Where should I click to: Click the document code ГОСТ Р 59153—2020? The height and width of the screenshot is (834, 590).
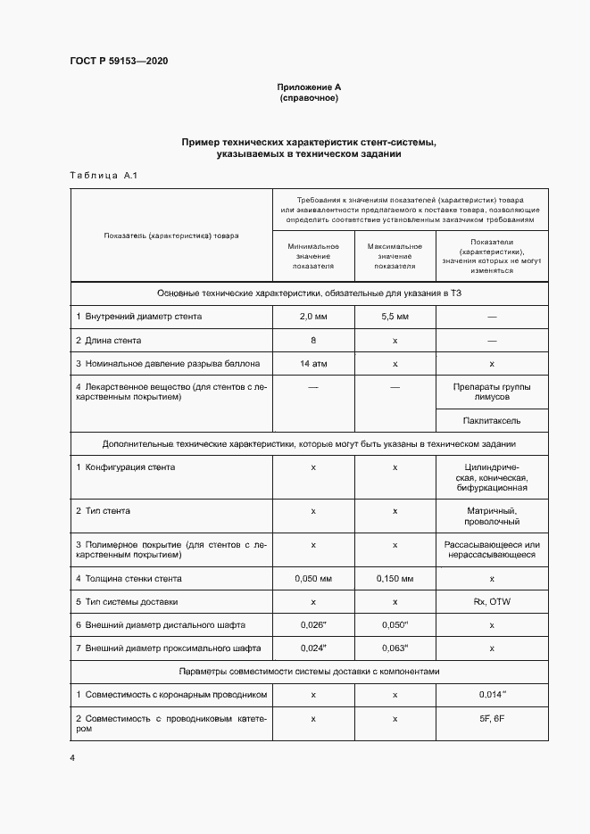click(119, 62)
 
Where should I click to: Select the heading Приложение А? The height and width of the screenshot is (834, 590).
click(309, 87)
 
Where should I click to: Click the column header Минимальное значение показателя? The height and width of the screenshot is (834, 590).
click(313, 256)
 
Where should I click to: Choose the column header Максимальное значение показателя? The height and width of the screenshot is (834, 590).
click(395, 256)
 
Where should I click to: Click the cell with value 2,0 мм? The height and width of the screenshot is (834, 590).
click(313, 317)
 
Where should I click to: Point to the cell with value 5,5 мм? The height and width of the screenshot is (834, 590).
click(395, 317)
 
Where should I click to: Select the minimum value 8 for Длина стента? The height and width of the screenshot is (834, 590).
click(313, 341)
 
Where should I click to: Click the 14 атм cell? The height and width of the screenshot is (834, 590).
click(313, 365)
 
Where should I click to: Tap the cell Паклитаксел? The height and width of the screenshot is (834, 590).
click(492, 419)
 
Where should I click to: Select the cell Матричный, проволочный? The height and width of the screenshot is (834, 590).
click(492, 516)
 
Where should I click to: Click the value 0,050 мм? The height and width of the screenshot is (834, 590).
click(313, 578)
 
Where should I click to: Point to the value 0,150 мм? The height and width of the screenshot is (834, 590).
click(395, 578)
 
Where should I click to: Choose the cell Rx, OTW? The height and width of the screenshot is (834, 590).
click(492, 602)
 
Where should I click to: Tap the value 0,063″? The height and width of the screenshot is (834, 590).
click(395, 648)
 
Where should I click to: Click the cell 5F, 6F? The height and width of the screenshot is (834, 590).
click(492, 719)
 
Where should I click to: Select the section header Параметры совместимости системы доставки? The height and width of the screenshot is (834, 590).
click(309, 671)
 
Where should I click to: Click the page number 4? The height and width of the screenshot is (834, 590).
click(72, 758)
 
